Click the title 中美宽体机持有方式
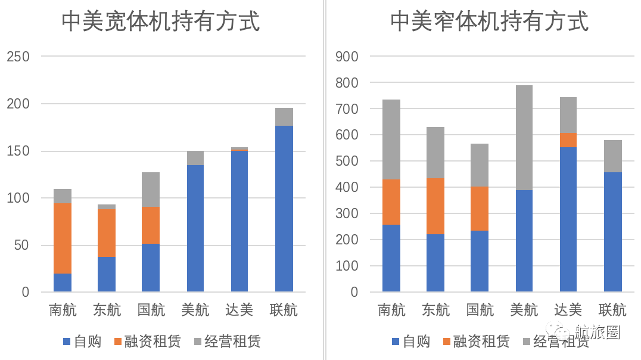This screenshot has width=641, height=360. (x=161, y=22)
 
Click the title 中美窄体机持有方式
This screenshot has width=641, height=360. (x=489, y=22)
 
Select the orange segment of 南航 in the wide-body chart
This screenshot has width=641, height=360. (x=63, y=238)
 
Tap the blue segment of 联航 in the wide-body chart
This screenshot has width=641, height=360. (x=284, y=209)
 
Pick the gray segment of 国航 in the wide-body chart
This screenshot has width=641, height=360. (x=151, y=190)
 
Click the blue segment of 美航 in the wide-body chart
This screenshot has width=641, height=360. (x=195, y=228)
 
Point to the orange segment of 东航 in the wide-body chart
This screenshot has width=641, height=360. (x=107, y=233)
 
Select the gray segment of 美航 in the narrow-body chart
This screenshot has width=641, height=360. (x=524, y=138)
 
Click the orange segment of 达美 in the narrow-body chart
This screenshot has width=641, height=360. (x=568, y=140)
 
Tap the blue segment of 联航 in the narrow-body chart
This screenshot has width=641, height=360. (x=612, y=232)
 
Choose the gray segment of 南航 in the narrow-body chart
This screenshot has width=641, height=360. (x=391, y=139)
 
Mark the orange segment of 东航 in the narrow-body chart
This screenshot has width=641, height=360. (x=435, y=206)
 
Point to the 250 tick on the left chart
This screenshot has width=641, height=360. (x=18, y=57)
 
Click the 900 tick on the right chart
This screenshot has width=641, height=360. (x=347, y=57)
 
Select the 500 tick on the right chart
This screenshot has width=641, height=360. (x=347, y=162)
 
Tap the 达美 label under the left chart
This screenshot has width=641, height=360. (x=239, y=310)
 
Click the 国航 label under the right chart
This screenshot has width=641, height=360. (x=480, y=310)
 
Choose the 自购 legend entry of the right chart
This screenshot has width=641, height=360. (x=411, y=342)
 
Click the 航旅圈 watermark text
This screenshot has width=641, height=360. (x=598, y=331)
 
